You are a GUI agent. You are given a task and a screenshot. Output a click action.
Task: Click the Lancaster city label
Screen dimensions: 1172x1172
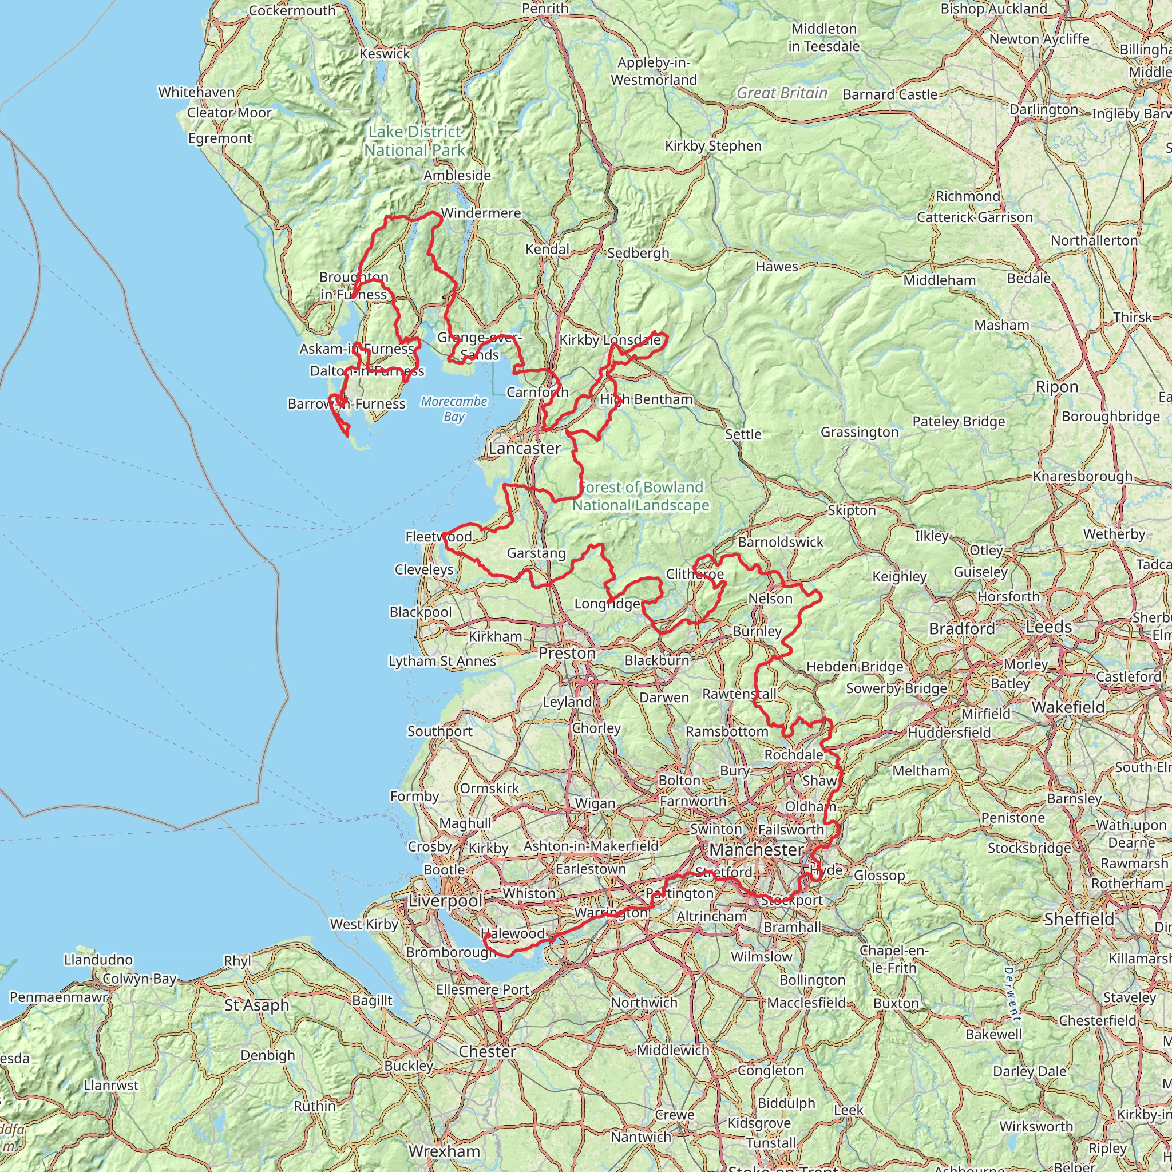[x=525, y=448]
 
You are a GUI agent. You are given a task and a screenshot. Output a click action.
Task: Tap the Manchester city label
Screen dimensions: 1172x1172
[x=757, y=850]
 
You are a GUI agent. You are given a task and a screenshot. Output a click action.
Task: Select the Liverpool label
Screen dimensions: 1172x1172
[x=445, y=901]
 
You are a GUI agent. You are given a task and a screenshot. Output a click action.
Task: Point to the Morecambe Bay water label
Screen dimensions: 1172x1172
[x=454, y=409]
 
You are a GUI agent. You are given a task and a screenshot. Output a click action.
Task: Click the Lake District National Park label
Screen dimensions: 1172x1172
[x=415, y=141]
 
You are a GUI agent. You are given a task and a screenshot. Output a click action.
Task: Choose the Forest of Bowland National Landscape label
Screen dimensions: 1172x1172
[x=641, y=496]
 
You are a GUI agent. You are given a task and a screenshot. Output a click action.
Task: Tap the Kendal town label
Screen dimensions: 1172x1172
[x=547, y=250]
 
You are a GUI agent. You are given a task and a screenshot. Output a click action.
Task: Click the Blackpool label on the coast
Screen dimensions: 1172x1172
[x=421, y=612]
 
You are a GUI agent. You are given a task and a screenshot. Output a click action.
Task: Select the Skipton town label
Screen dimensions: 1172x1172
[x=852, y=511]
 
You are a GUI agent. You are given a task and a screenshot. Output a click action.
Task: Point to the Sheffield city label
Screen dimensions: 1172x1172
[x=1079, y=920]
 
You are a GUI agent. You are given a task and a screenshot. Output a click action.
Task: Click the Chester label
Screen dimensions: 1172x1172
[x=487, y=1051]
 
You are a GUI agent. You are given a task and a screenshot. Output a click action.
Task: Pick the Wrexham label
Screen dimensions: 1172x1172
[x=444, y=1151]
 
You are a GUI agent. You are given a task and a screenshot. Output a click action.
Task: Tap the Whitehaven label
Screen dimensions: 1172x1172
[x=196, y=92]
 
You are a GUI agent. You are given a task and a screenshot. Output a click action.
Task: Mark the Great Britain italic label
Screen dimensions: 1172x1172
[x=782, y=93]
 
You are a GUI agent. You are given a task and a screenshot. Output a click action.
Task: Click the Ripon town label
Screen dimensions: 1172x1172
[x=1057, y=387]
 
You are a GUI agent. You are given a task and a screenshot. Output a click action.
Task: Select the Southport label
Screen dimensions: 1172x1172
[x=440, y=731]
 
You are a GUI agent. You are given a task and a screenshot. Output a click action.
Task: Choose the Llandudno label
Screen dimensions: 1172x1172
[x=98, y=960]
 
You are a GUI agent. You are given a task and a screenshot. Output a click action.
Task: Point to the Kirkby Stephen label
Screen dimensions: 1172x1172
[x=714, y=145]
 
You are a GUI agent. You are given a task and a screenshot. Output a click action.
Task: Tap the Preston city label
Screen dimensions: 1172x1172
[x=567, y=654]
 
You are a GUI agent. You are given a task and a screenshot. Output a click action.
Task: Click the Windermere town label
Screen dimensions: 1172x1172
[x=481, y=213]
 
